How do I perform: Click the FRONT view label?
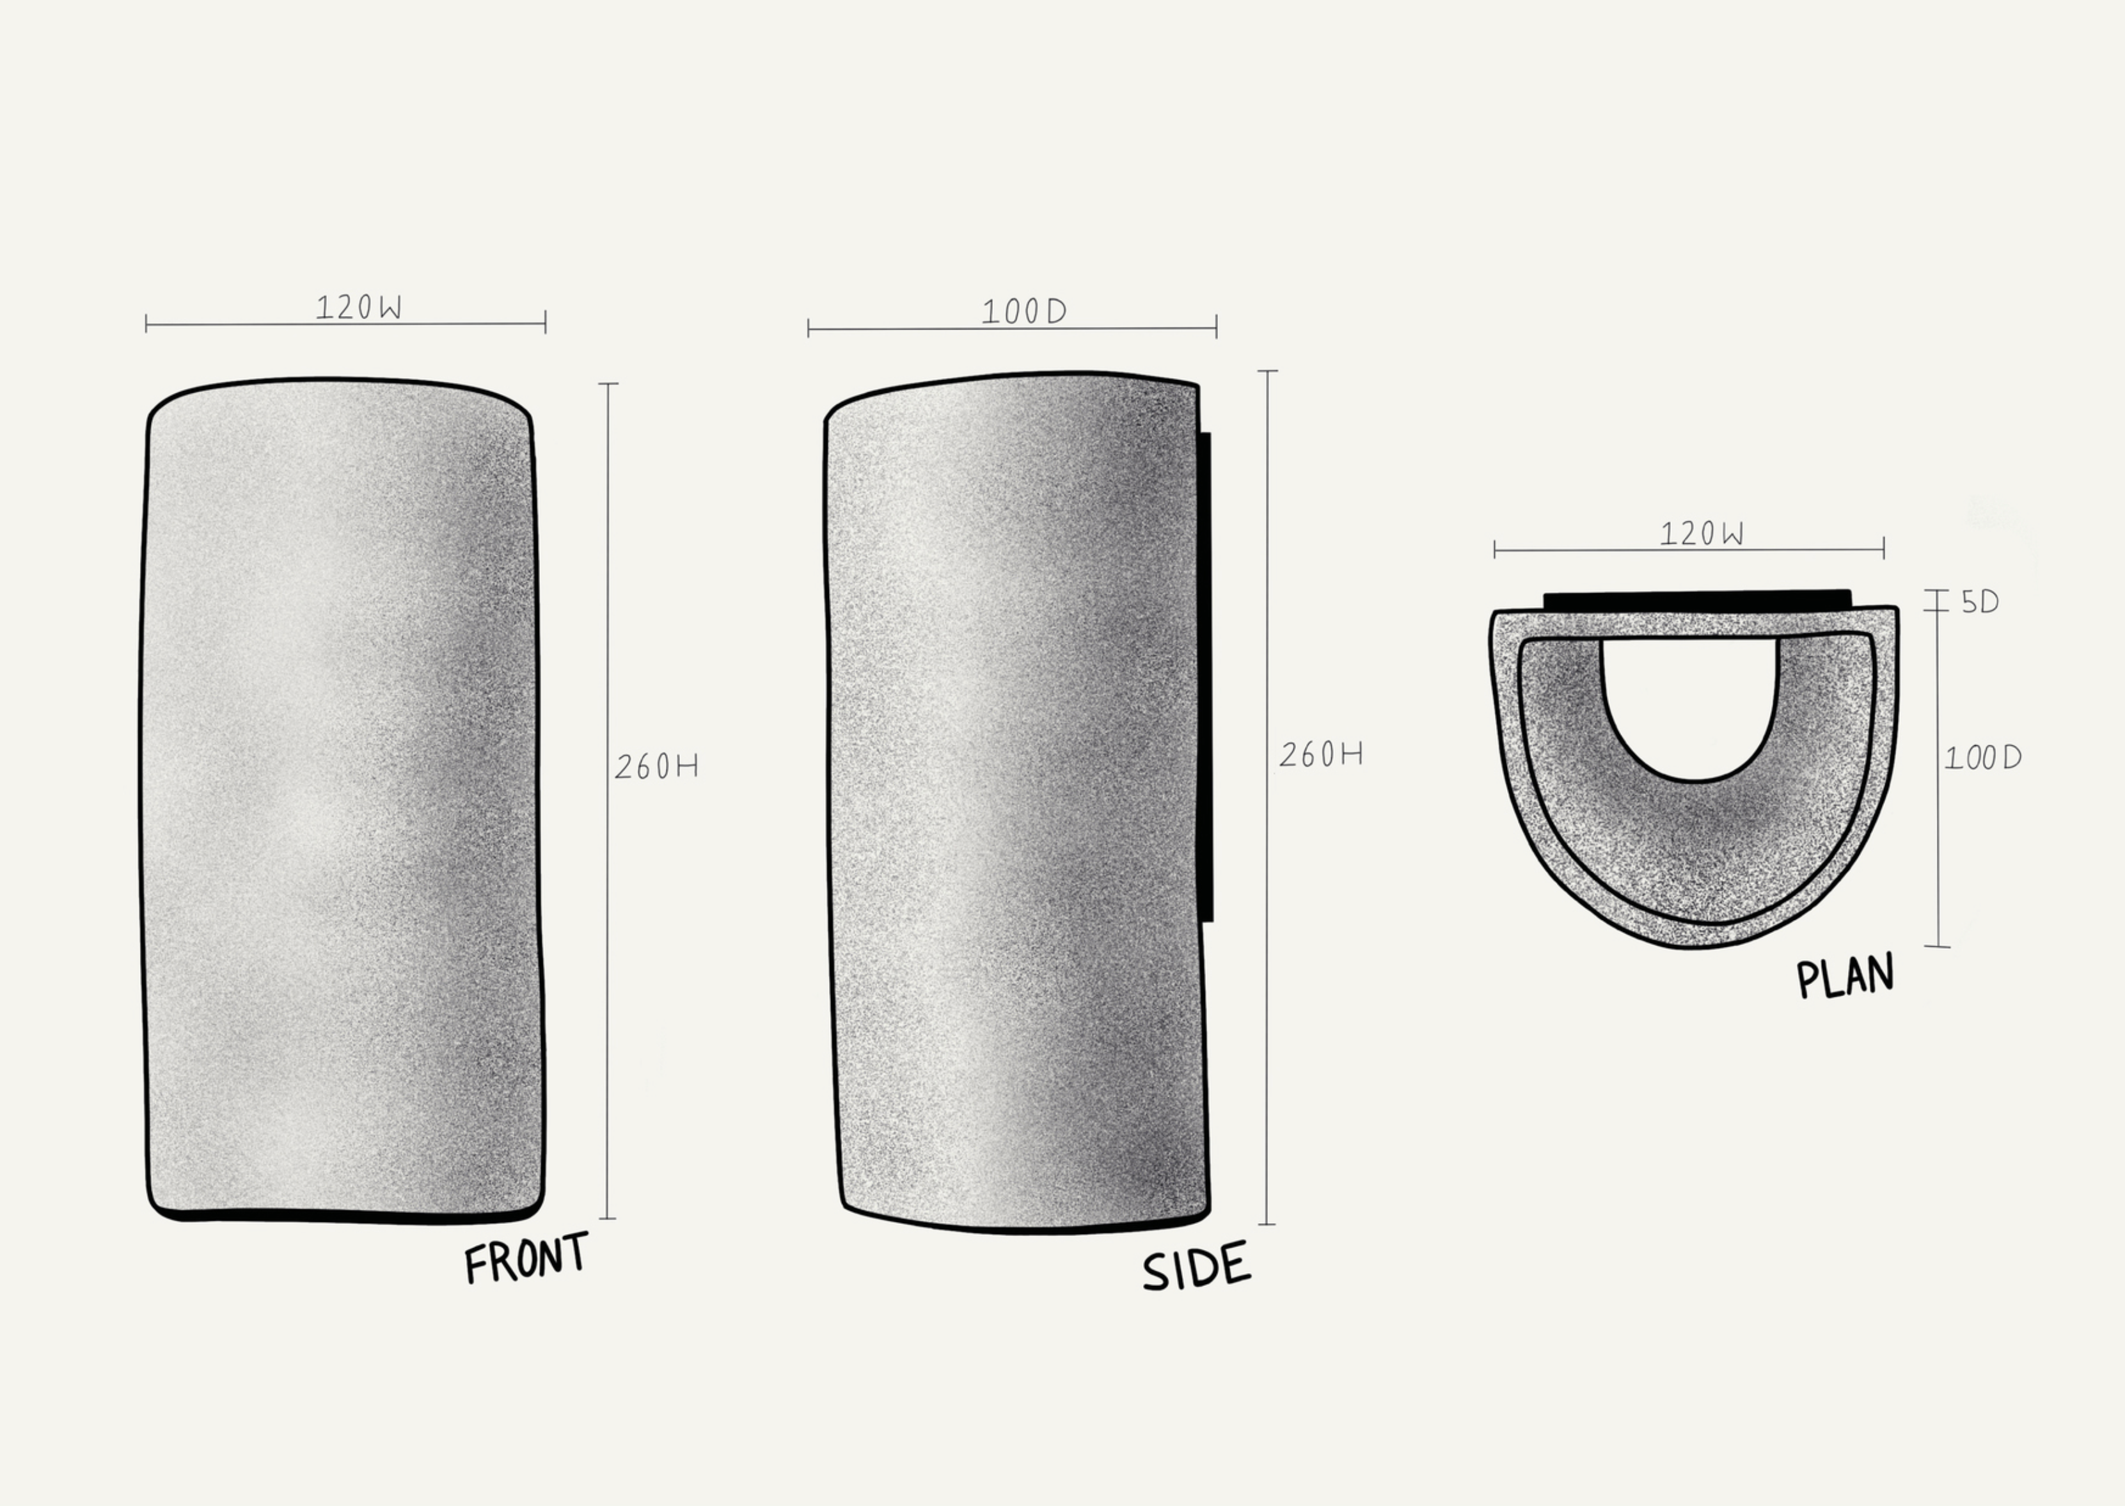[526, 1258]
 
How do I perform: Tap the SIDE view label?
[1196, 1267]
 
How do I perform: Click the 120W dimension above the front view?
[359, 307]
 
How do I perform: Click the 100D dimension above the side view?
[1023, 312]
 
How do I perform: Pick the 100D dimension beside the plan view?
[1982, 759]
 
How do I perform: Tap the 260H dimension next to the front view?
[656, 767]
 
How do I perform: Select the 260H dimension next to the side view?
[1320, 756]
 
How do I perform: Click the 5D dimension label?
[1979, 603]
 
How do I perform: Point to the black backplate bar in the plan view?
[1696, 600]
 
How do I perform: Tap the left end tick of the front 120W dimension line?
[146, 324]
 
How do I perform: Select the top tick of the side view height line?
[1267, 371]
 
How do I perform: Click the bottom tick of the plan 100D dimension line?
[1937, 946]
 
